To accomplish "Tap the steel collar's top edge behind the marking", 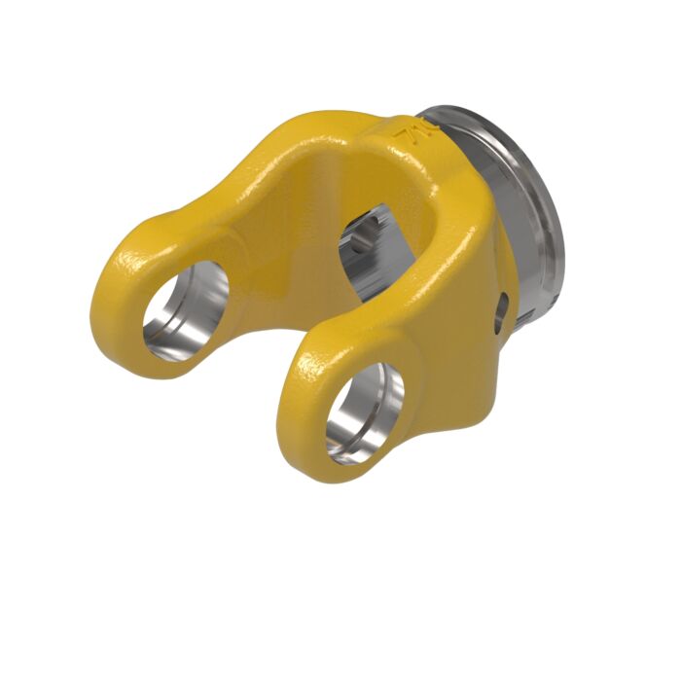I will point(457,112).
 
